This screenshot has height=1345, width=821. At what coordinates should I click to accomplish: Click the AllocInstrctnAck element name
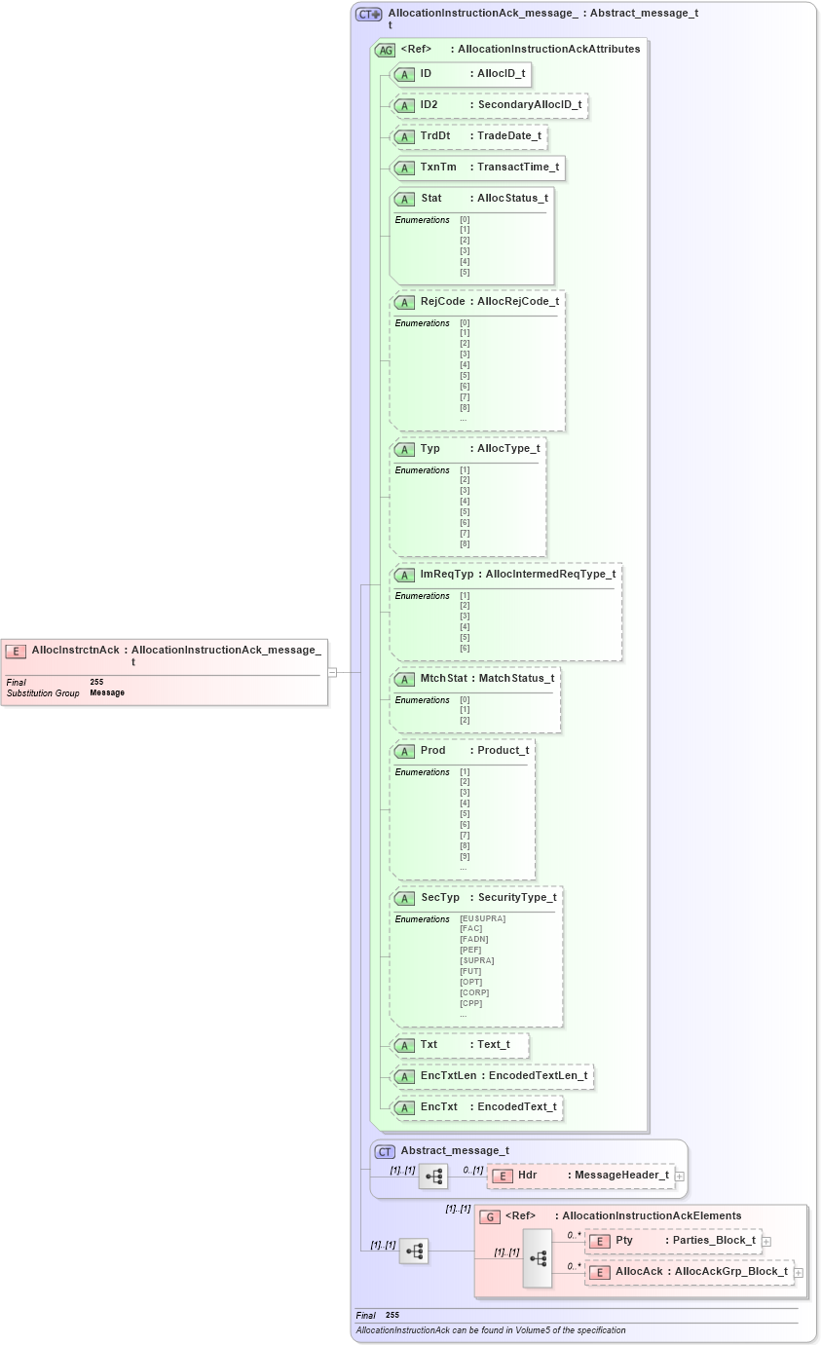tap(75, 650)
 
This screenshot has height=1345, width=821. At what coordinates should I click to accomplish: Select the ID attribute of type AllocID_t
tap(461, 74)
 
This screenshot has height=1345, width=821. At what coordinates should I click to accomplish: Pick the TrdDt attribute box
tap(468, 136)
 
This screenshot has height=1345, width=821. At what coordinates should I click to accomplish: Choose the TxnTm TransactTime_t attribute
tap(476, 168)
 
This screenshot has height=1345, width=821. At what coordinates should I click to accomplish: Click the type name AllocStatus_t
tap(512, 199)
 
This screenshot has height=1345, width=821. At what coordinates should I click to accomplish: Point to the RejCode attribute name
tap(442, 302)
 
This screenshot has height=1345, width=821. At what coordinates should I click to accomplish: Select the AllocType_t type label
tap(508, 449)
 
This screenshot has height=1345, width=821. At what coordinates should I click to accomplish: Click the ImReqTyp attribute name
tap(446, 575)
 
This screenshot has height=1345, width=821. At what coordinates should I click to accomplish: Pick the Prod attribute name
tap(432, 751)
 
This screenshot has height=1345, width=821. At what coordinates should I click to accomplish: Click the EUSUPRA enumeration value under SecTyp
tap(483, 918)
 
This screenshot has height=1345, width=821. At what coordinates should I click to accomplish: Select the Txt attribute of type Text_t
tap(459, 1045)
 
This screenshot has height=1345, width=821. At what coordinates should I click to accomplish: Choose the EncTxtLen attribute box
tap(492, 1076)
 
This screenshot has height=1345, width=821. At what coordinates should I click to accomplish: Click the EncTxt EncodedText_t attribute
tap(476, 1107)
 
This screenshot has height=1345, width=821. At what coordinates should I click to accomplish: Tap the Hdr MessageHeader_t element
tap(580, 1176)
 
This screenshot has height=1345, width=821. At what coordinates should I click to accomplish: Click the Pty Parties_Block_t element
tap(672, 1241)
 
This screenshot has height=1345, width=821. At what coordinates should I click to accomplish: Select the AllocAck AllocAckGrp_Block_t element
tap(690, 1272)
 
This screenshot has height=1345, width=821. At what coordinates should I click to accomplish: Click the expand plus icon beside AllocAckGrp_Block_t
tap(799, 1273)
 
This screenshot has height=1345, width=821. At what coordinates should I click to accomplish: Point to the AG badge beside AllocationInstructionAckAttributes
tap(386, 50)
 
